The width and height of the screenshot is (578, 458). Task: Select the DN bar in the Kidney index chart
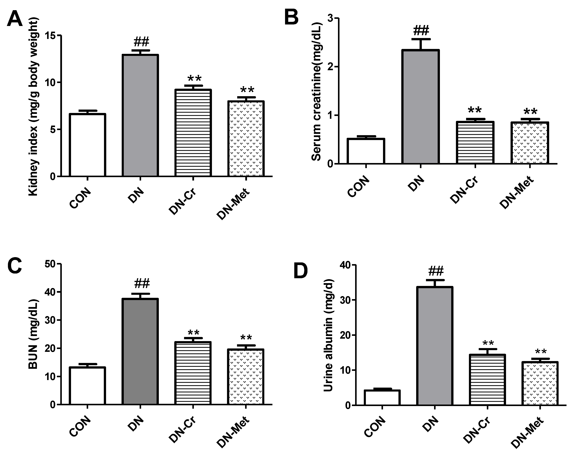(140, 115)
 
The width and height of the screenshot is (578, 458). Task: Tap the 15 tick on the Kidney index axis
(50, 36)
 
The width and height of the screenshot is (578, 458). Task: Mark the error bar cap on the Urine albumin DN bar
(435, 280)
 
